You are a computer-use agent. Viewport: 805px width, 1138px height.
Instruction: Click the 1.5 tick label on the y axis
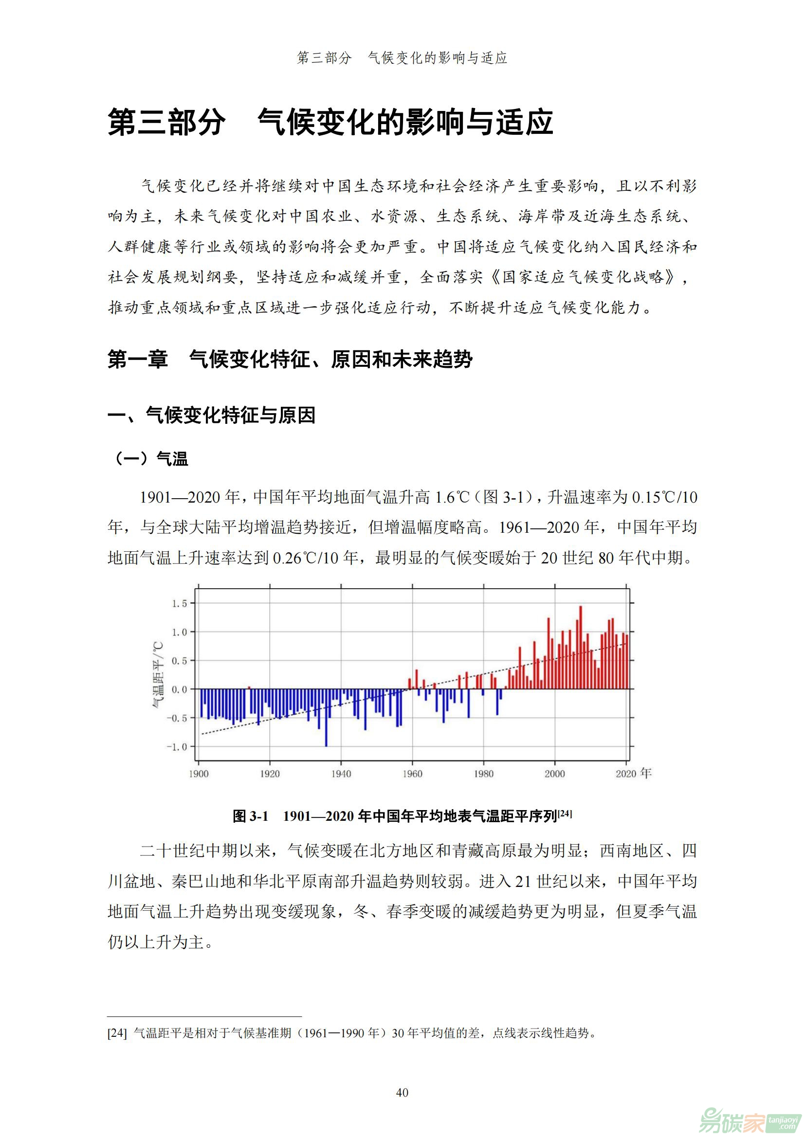pyautogui.click(x=180, y=603)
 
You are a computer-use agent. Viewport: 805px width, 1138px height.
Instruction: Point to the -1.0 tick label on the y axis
pyautogui.click(x=178, y=746)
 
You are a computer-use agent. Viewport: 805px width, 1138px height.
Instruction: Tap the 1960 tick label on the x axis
pyautogui.click(x=412, y=774)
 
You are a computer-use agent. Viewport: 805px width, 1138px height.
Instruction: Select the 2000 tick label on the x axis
pyautogui.click(x=555, y=774)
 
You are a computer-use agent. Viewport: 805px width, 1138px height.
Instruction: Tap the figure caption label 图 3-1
pyautogui.click(x=250, y=816)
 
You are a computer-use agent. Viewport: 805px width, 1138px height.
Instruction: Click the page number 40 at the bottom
pyautogui.click(x=402, y=1092)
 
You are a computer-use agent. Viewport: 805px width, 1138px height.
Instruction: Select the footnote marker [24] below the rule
pyautogui.click(x=117, y=1033)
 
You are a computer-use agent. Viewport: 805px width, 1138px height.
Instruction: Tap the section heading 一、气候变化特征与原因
pyautogui.click(x=211, y=415)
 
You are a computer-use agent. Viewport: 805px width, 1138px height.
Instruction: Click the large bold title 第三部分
pyautogui.click(x=166, y=123)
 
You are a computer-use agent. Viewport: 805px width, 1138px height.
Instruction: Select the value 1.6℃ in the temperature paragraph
pyautogui.click(x=452, y=497)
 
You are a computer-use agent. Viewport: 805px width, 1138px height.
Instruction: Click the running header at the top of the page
pyautogui.click(x=402, y=58)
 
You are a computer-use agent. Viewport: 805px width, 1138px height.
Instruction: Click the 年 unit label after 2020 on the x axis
pyautogui.click(x=646, y=773)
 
